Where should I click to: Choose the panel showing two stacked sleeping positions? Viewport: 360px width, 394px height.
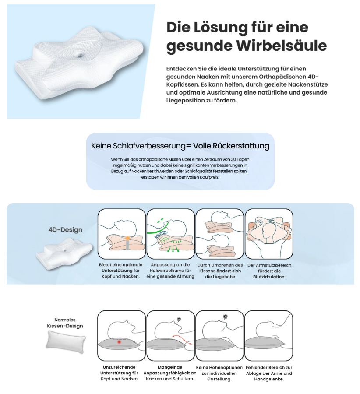click(x=219, y=234)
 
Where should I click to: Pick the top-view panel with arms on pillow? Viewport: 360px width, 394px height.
click(x=268, y=234)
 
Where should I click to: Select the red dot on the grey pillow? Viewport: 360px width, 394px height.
click(x=119, y=342)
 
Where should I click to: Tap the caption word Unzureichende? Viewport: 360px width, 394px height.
click(x=120, y=367)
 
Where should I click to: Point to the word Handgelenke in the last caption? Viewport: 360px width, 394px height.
click(x=269, y=379)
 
